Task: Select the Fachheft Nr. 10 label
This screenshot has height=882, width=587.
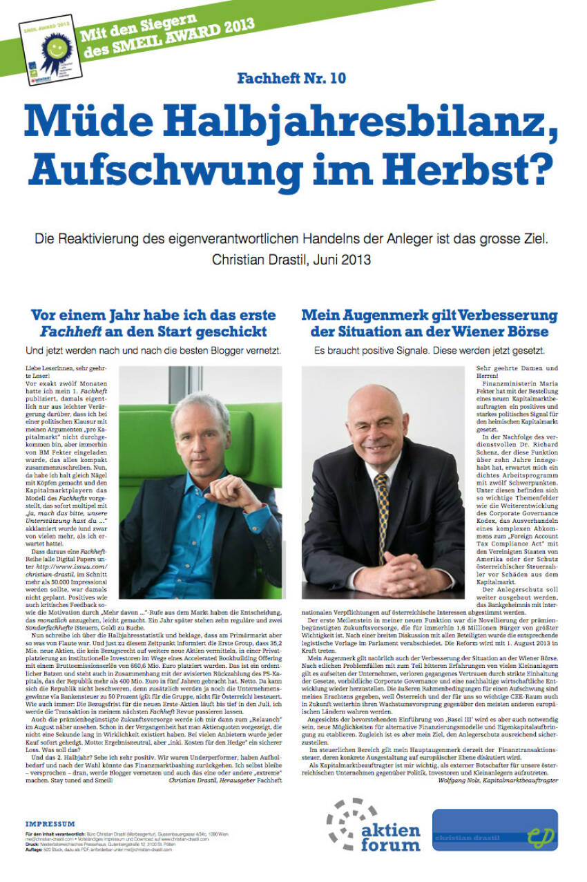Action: [x=291, y=78]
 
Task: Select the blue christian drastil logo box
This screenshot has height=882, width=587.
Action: [x=494, y=830]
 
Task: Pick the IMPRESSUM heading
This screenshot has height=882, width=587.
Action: [x=50, y=824]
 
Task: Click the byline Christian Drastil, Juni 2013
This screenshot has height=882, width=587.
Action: [x=291, y=260]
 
